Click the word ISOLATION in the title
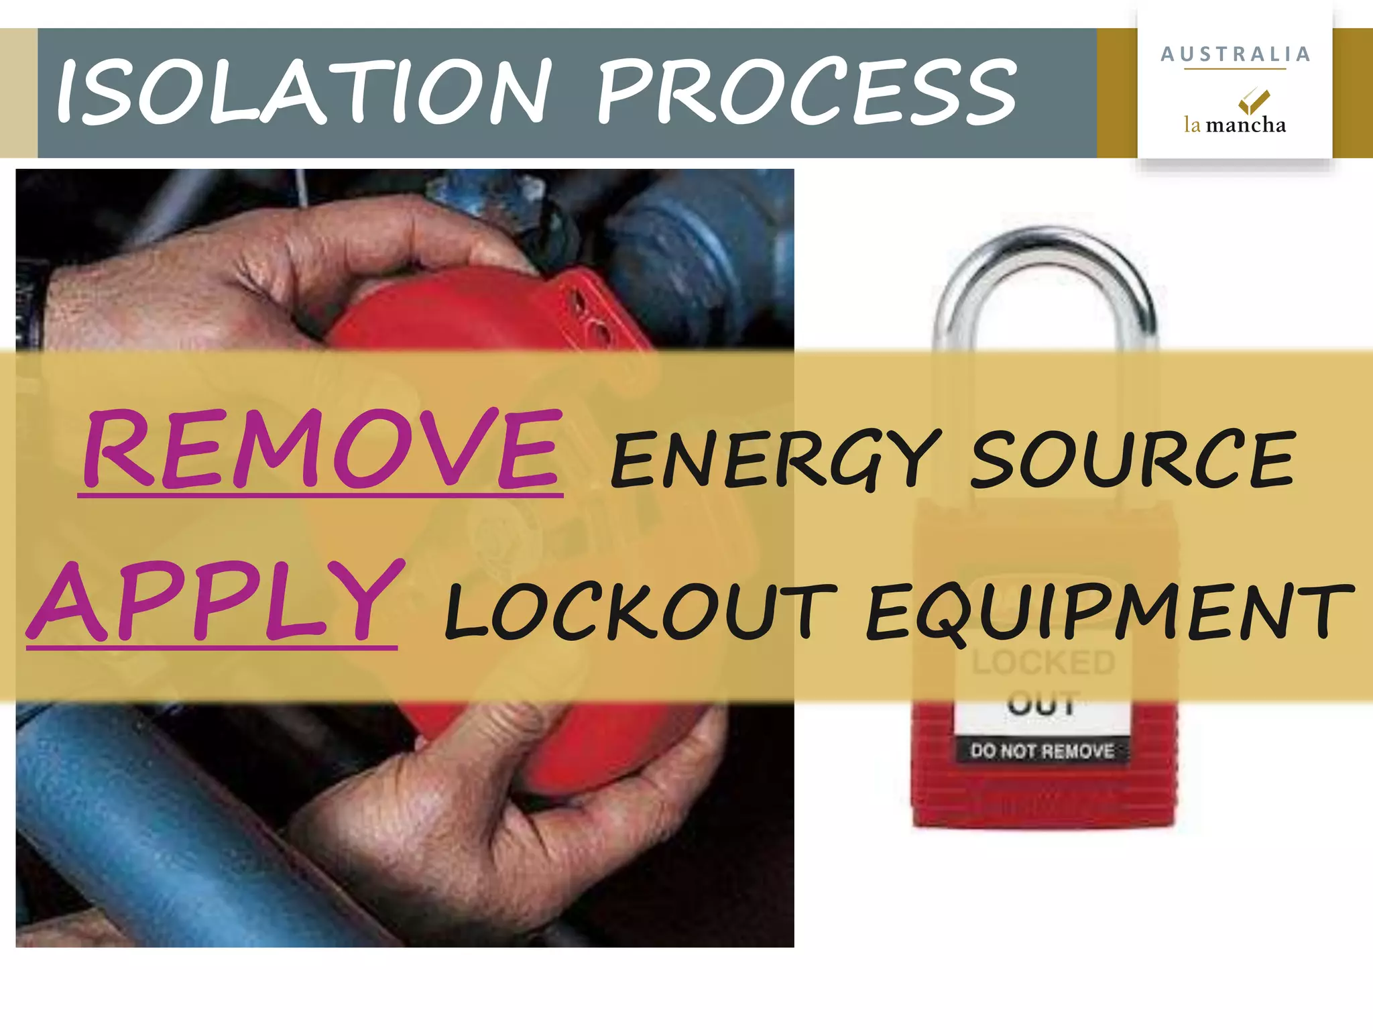(x=303, y=93)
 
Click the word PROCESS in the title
(x=806, y=93)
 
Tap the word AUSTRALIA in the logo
(x=1235, y=54)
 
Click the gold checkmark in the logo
(x=1252, y=101)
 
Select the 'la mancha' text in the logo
(x=1235, y=125)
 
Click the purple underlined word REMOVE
(x=320, y=449)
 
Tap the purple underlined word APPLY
(x=215, y=602)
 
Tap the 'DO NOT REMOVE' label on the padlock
(x=1042, y=751)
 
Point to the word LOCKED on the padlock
(x=1043, y=663)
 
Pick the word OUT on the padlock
(x=1043, y=704)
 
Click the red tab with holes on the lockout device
(x=590, y=308)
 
